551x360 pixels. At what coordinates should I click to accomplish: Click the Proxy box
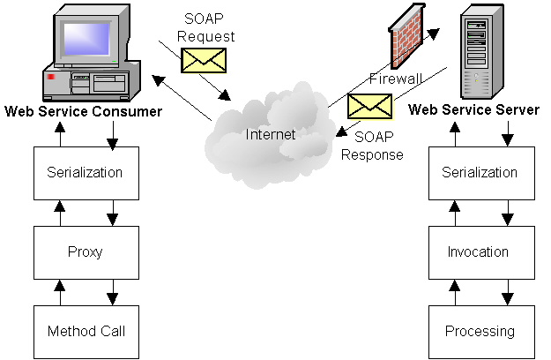(x=86, y=251)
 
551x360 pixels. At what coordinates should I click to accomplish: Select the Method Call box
(x=86, y=331)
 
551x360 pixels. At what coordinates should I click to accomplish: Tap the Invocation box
(x=480, y=251)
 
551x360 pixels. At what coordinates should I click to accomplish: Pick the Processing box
(x=480, y=331)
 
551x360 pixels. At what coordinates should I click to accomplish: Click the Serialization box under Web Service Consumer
(x=86, y=172)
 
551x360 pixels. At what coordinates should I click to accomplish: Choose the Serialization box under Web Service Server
(x=480, y=172)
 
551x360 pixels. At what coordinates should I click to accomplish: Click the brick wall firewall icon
(x=411, y=40)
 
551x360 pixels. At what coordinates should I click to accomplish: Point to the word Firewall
(x=396, y=79)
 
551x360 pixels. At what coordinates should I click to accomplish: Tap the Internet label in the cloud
(x=271, y=135)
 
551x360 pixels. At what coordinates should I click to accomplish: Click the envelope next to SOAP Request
(x=204, y=59)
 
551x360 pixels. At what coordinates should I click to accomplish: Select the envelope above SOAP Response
(x=369, y=106)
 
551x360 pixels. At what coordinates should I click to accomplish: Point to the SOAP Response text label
(x=379, y=146)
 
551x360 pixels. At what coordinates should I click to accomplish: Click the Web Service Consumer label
(x=84, y=112)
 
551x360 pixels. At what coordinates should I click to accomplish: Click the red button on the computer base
(x=51, y=79)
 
